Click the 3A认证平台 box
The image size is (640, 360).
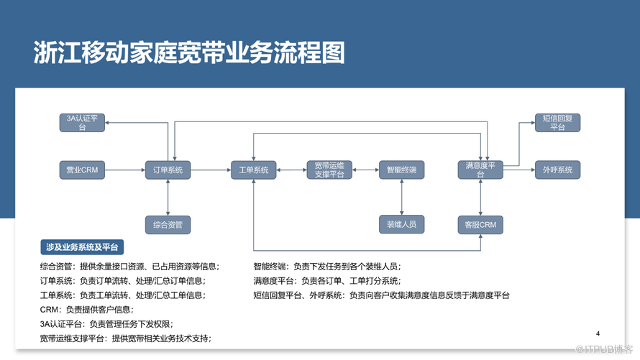coord(82,123)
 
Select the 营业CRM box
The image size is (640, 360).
coord(82,170)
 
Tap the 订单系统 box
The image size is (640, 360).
coord(168,170)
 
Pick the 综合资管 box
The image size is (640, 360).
coord(168,225)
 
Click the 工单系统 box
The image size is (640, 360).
coord(253,170)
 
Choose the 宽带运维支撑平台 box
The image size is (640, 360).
coord(329,170)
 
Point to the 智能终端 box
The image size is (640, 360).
coord(402,170)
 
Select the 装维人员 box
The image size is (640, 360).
coord(402,224)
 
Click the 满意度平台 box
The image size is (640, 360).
coord(480,170)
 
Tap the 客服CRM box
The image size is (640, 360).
coord(480,225)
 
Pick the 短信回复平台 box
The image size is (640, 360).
coord(557,123)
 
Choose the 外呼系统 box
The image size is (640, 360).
coord(557,170)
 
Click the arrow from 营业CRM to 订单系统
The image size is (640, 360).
coord(125,170)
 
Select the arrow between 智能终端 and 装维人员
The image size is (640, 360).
coord(402,198)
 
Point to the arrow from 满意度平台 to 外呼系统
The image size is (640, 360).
coord(519,170)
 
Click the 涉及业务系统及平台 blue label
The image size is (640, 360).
coord(82,247)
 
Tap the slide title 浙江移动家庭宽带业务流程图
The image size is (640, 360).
coord(189,52)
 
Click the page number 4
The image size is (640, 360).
coord(598,333)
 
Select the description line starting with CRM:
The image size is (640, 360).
coord(86,310)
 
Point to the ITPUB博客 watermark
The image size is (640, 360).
coord(604,349)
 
